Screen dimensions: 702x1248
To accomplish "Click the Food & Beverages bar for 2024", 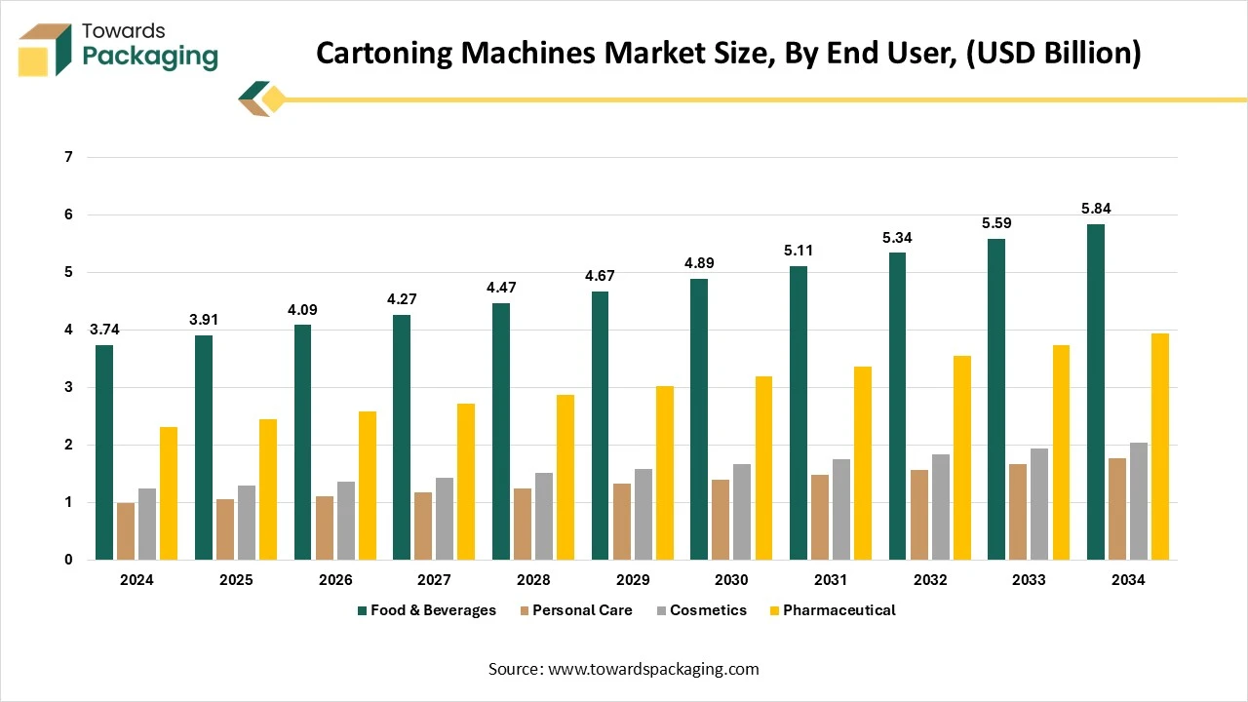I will pos(104,452).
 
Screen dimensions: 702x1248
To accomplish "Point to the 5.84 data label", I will pos(1095,208).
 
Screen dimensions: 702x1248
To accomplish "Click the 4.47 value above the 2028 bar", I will pos(501,287).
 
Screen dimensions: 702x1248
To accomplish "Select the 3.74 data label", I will pos(104,329).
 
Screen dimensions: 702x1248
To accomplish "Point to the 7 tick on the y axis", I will pos(68,157).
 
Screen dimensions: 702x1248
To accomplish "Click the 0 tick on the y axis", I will pos(68,560).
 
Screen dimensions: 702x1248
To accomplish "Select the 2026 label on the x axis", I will pos(335,580).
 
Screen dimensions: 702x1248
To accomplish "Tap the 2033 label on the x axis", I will pos(1029,580).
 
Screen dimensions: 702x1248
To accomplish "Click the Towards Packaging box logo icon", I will pos(45,49).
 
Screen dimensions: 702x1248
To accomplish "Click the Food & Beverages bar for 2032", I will pos(897,406).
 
